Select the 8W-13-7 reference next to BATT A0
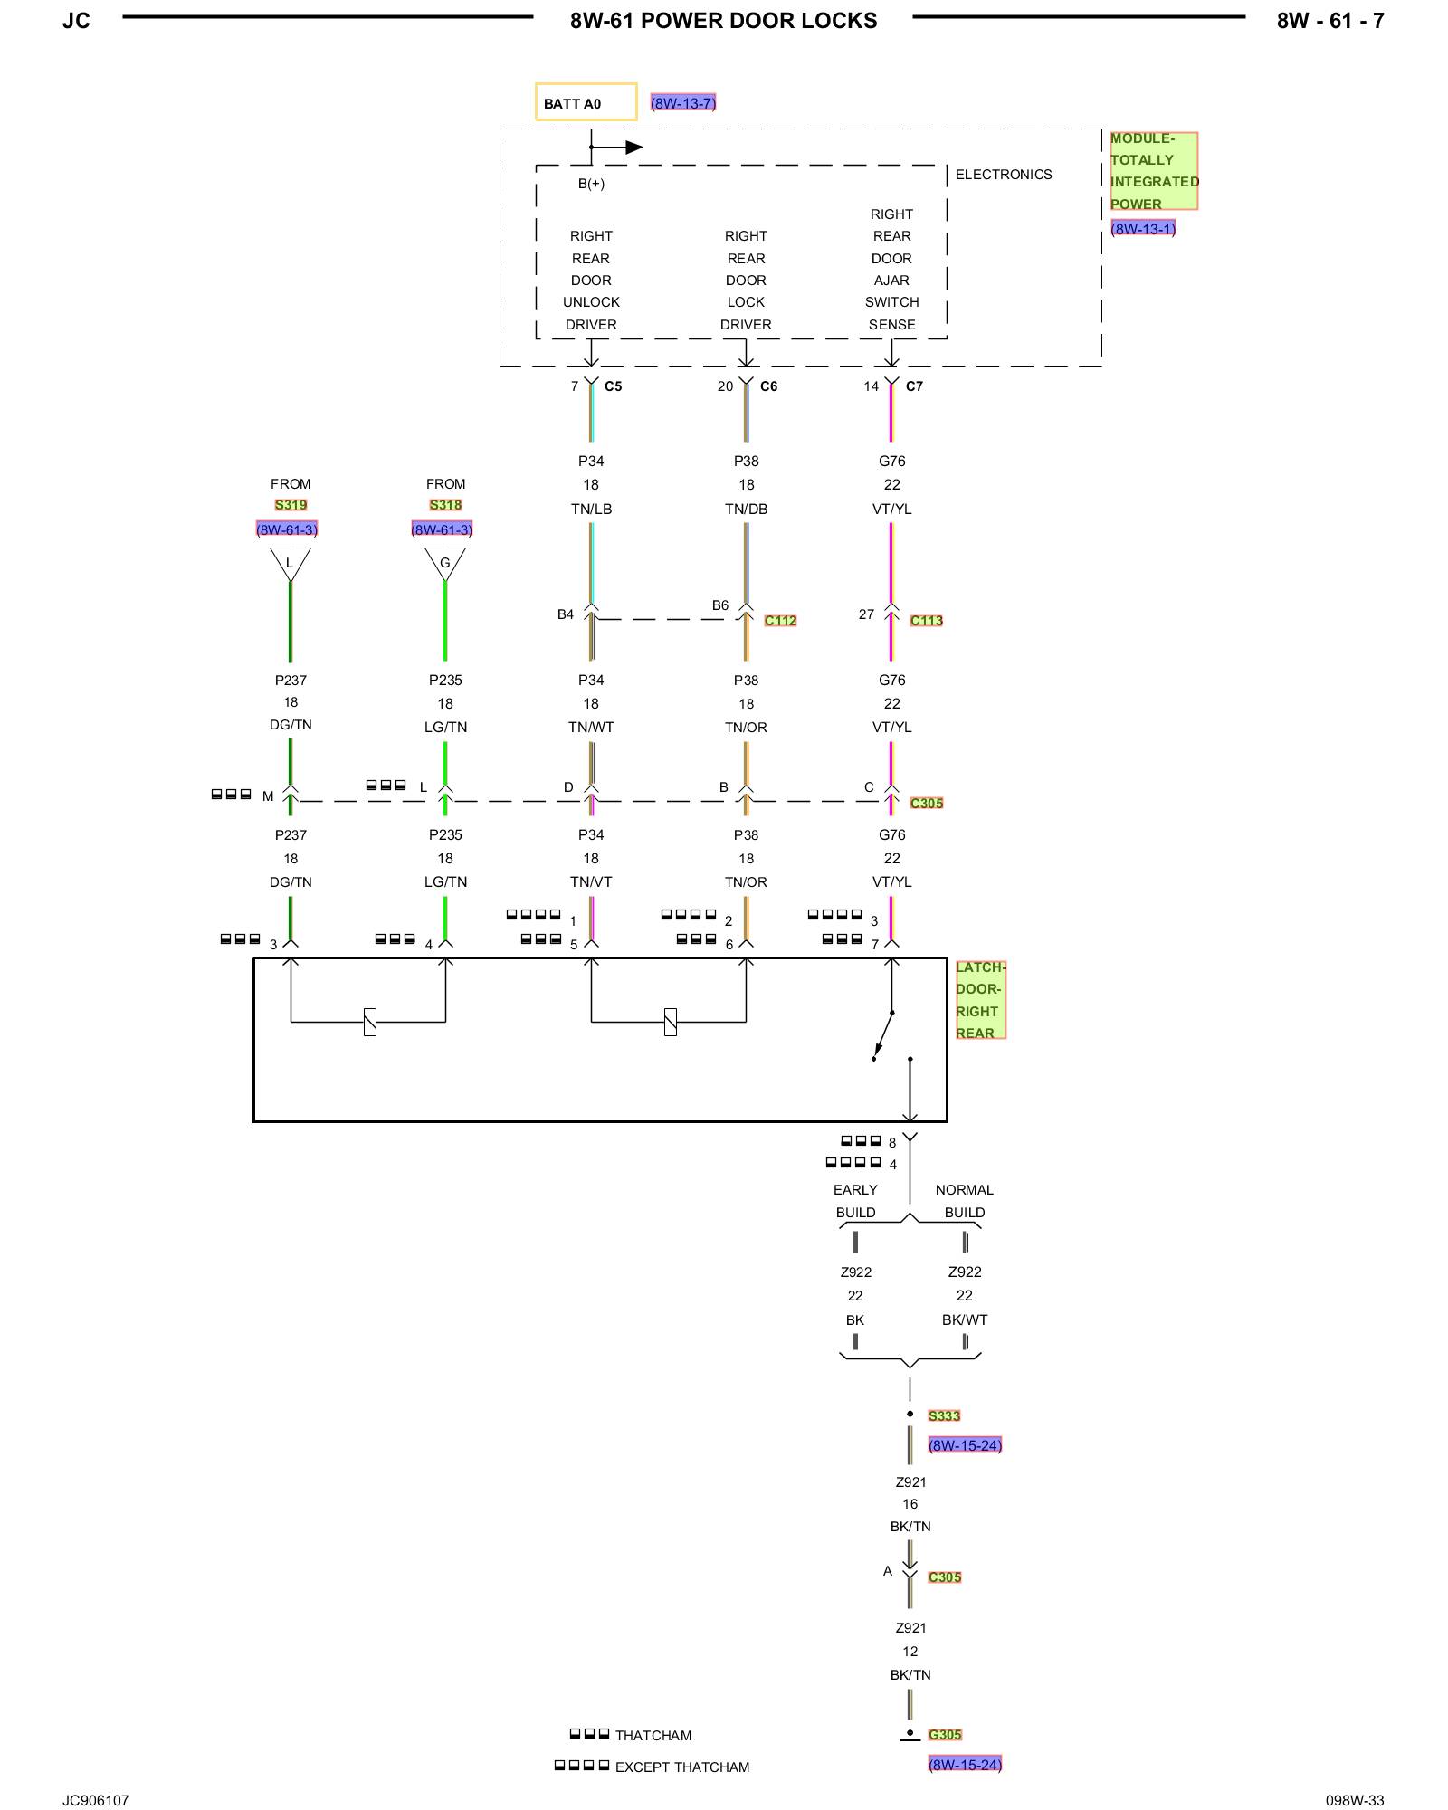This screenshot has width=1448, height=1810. (x=683, y=103)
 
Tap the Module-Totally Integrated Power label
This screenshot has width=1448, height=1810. (x=1154, y=171)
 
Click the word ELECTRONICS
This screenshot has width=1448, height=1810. (x=1004, y=175)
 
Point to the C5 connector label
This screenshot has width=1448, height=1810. (x=614, y=386)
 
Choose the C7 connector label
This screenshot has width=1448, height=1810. (x=915, y=386)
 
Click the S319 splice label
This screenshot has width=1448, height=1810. (x=291, y=505)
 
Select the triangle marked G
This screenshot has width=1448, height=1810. (x=445, y=564)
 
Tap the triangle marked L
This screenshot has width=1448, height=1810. (x=291, y=564)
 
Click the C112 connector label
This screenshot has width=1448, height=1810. (x=780, y=621)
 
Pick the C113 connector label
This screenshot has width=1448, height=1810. (x=927, y=621)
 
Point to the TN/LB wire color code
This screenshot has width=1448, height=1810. (x=592, y=510)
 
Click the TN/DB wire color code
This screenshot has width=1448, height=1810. (x=747, y=510)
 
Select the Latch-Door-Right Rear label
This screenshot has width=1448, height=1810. (x=981, y=1000)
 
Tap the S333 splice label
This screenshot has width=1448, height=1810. (x=944, y=1416)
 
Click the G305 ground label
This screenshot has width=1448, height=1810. (x=945, y=1735)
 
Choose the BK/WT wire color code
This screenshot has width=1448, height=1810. (x=965, y=1320)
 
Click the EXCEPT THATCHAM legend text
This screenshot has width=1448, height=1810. (x=682, y=1767)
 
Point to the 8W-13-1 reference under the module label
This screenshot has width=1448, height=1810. (x=1144, y=229)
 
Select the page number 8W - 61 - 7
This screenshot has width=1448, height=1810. (x=1330, y=21)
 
